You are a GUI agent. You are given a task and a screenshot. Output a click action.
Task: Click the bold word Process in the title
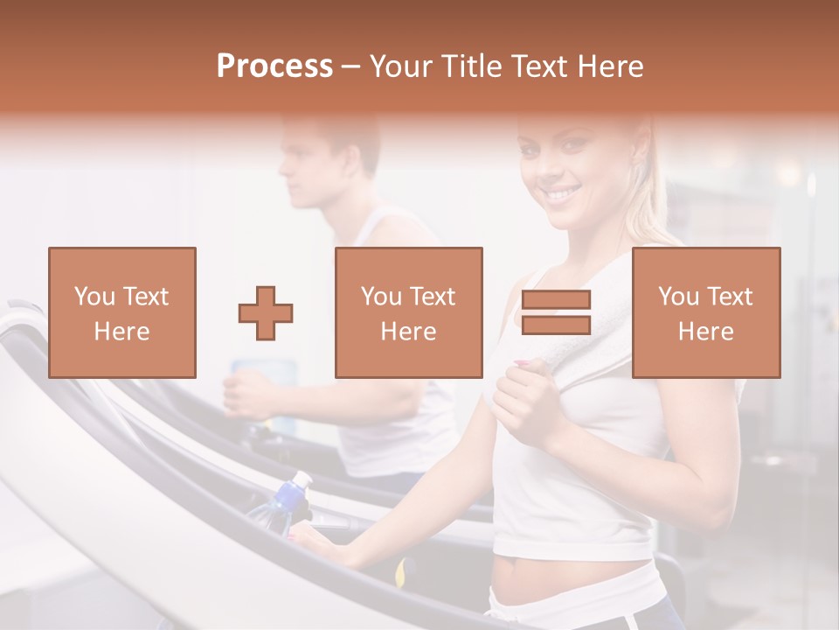274,66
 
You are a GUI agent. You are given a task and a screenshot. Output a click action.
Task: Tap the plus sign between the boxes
266,312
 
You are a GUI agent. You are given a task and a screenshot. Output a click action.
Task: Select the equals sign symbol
556,312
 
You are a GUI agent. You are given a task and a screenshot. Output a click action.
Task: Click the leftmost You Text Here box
121,312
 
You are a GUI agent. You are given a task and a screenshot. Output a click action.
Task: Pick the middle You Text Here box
408,312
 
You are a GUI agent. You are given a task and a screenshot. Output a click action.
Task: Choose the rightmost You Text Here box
705,312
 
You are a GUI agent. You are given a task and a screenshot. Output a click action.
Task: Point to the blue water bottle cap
300,480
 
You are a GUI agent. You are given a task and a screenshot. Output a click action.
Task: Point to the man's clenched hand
246,393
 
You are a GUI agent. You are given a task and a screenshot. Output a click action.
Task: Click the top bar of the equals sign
556,299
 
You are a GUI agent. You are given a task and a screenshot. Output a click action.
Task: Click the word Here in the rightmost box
705,331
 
